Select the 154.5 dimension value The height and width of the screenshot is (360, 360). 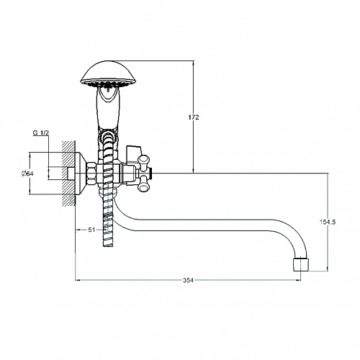[328, 222]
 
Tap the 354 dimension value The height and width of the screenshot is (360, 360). [188, 280]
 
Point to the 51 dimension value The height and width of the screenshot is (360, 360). [91, 230]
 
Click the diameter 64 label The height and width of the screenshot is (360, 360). [27, 174]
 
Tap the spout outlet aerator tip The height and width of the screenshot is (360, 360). [300, 264]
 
